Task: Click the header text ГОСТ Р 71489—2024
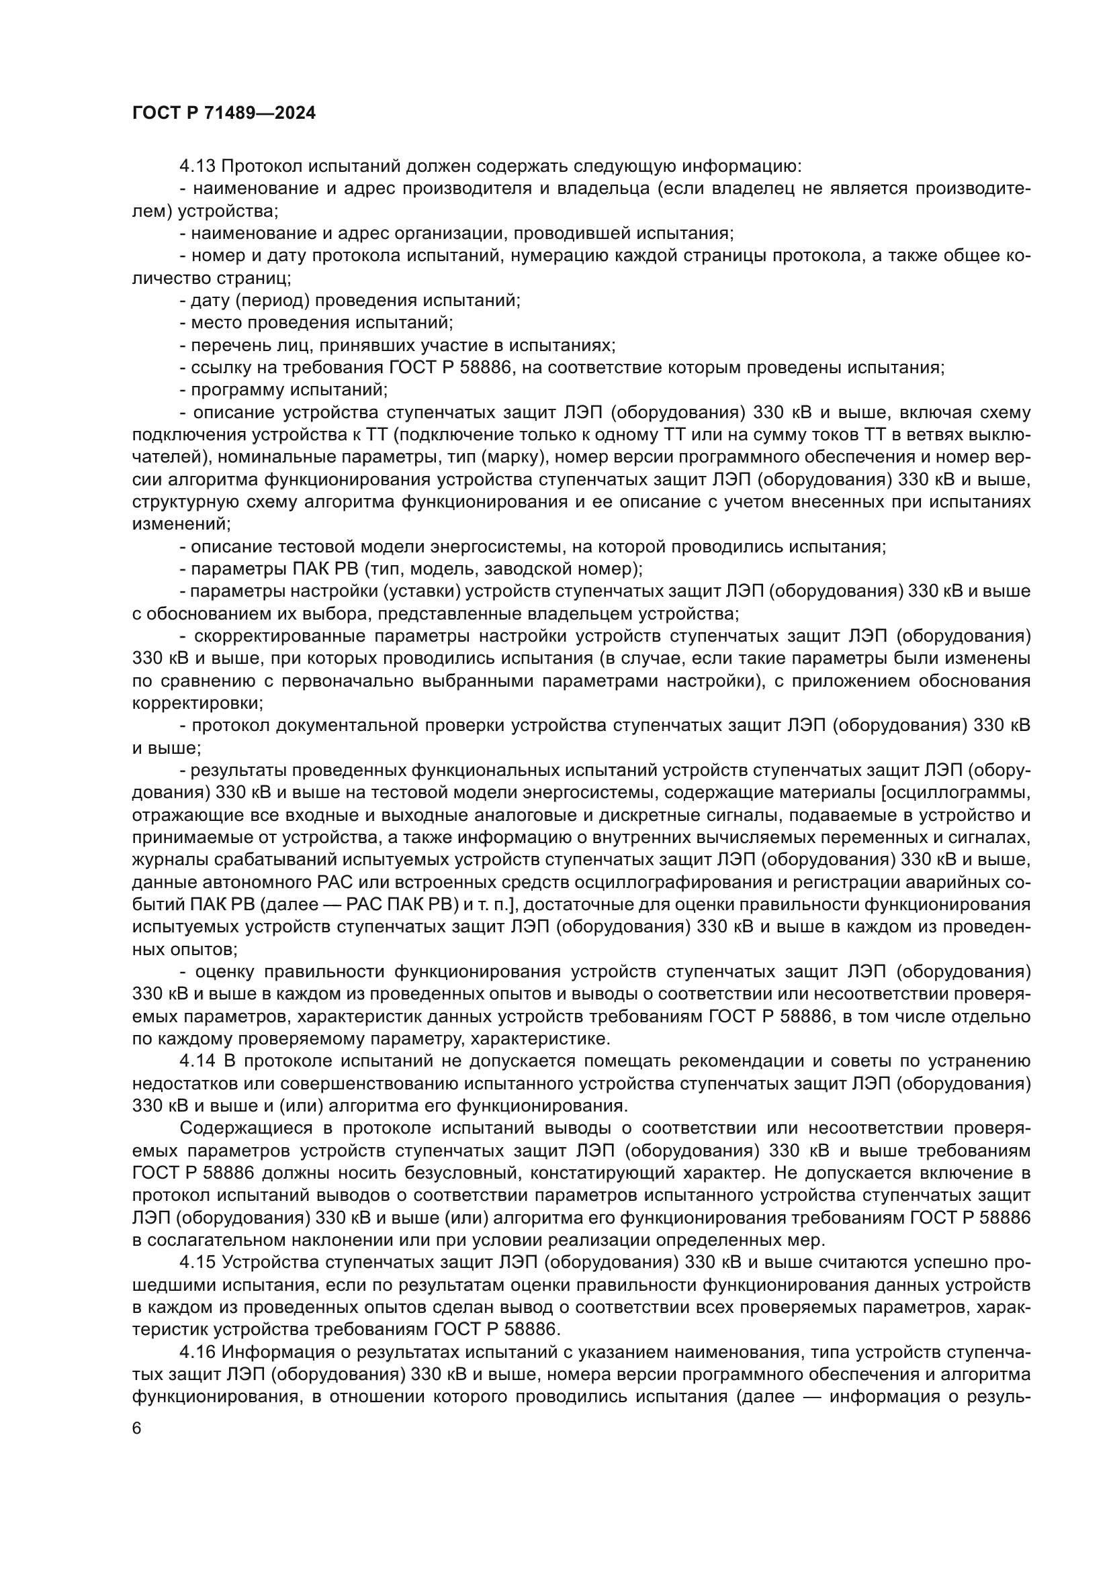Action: [224, 113]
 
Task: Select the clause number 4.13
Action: [197, 166]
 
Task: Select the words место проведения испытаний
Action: [322, 323]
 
